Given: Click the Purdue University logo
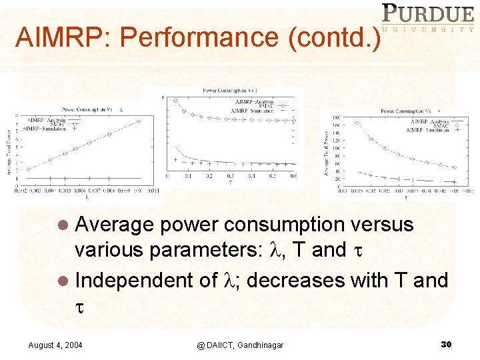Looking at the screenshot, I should pos(427,18).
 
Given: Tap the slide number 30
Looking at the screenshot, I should pos(447,344).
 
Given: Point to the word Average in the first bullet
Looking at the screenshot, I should pos(115,225).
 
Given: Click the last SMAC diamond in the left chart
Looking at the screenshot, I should pos(138,121).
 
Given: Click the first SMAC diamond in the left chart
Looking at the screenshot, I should pos(27,169).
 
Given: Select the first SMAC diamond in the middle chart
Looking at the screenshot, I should pos(175,101).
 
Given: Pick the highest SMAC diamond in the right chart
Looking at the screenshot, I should pos(356,123).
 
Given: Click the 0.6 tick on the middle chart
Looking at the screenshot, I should pos(294,177).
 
